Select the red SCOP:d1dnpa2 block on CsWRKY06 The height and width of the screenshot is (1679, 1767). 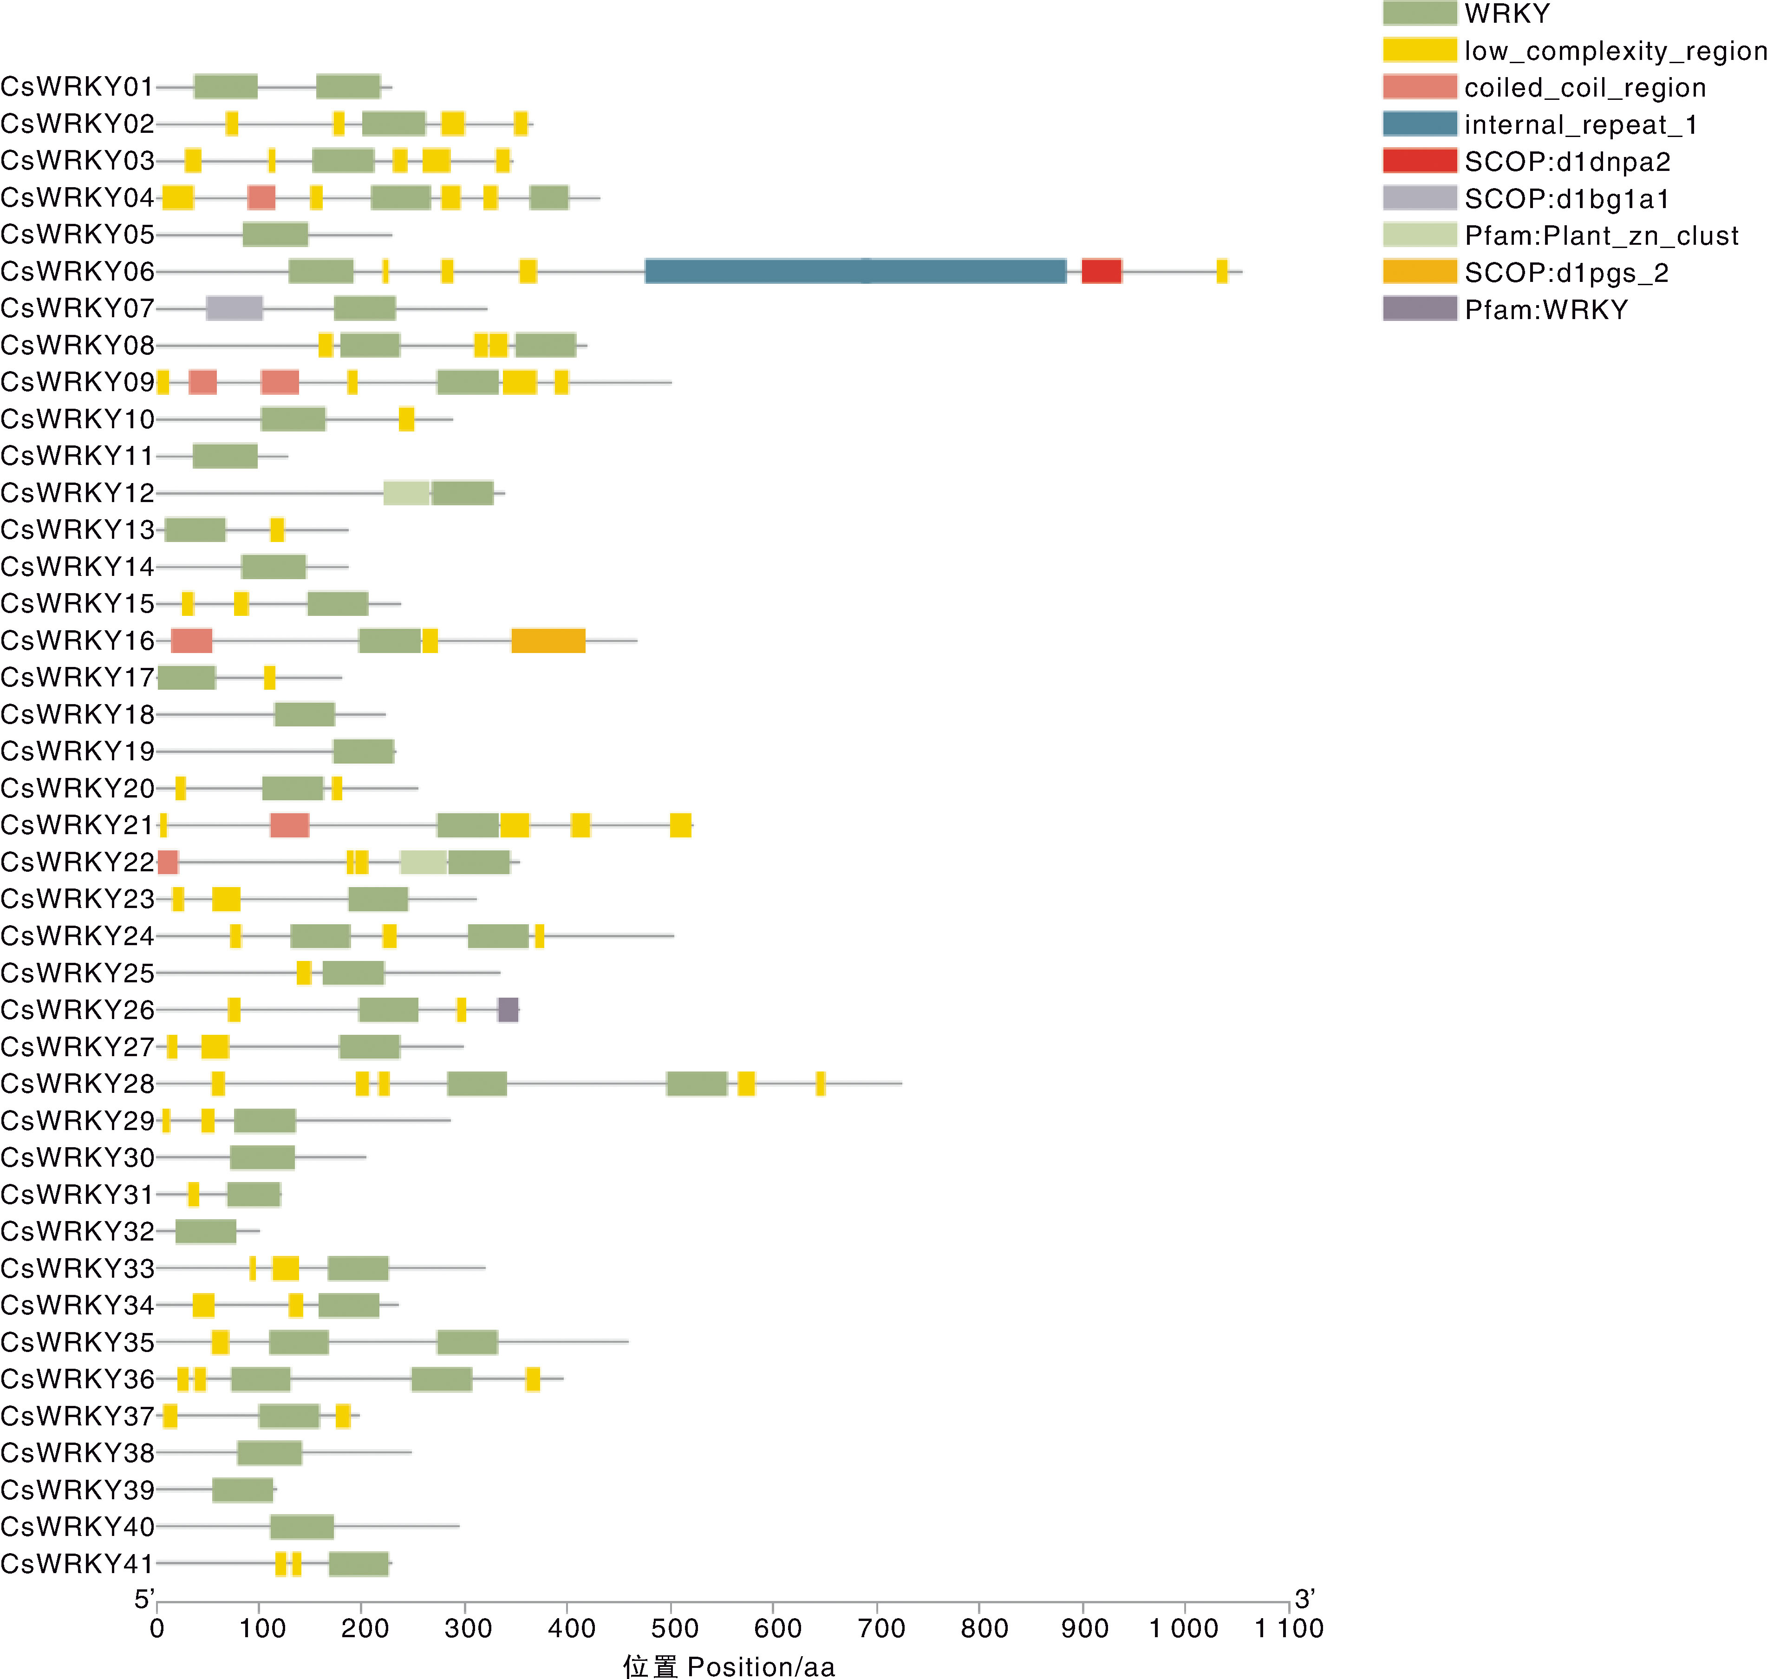click(x=1102, y=271)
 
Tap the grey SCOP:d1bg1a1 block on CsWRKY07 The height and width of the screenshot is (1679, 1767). click(x=235, y=308)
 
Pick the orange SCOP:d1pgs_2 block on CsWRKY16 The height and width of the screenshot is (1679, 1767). click(x=548, y=641)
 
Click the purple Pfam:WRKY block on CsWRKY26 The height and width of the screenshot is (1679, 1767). click(x=508, y=1010)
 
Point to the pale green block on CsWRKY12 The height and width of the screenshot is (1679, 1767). click(x=406, y=493)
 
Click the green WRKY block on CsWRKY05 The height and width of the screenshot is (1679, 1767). click(x=275, y=235)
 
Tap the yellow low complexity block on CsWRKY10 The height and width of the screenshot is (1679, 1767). click(x=406, y=419)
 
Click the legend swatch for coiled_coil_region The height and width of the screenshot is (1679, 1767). click(x=1419, y=87)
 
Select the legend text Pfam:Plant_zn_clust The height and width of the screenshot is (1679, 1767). click(x=1602, y=235)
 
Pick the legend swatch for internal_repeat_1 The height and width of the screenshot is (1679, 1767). click(x=1419, y=124)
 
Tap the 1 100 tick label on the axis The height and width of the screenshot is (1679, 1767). click(x=1288, y=1628)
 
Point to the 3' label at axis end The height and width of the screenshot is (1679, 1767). click(x=1304, y=1599)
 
